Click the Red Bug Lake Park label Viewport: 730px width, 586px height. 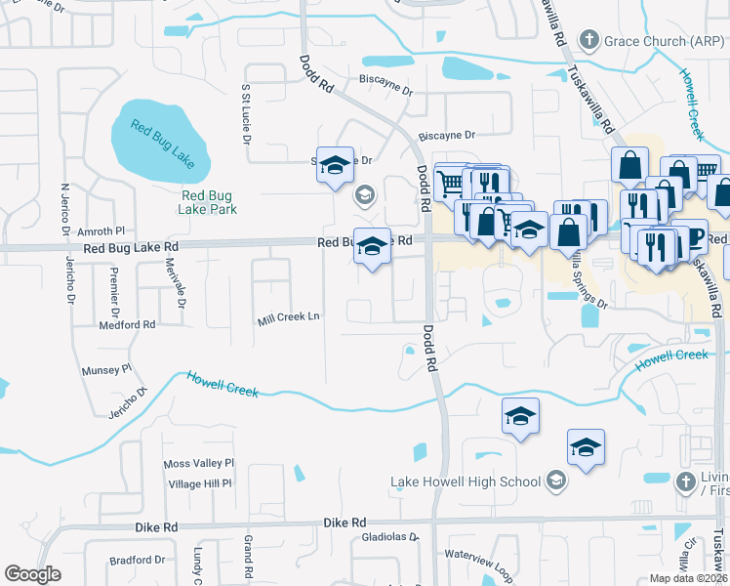[x=209, y=201]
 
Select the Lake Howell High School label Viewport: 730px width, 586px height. [x=466, y=481]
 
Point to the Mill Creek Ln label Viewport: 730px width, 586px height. [x=288, y=317]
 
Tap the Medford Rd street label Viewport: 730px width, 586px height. [x=127, y=323]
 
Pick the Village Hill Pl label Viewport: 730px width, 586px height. [x=199, y=483]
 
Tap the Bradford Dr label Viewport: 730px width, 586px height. [x=138, y=560]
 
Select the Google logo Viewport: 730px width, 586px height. [x=33, y=573]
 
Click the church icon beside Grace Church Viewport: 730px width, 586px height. [x=588, y=40]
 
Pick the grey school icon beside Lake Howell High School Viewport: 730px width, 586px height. [x=555, y=480]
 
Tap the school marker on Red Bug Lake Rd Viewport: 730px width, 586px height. [x=371, y=248]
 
